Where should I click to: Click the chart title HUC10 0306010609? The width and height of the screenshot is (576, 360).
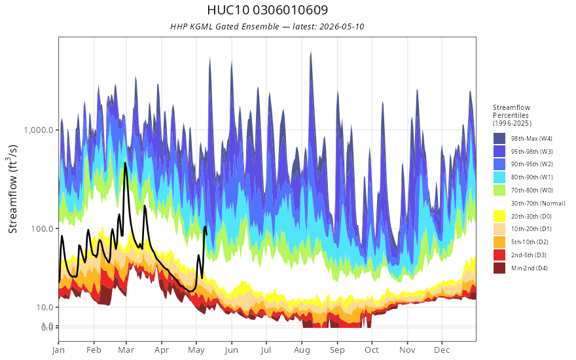[x=268, y=10]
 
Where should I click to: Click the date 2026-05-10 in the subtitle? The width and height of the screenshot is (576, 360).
[x=342, y=26]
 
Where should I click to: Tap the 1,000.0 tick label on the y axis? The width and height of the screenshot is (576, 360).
[x=39, y=130]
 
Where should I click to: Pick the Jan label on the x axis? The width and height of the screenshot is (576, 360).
[x=58, y=350]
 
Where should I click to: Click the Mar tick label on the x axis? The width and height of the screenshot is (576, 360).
[x=126, y=350]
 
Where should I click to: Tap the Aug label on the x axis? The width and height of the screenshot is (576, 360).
[x=302, y=350]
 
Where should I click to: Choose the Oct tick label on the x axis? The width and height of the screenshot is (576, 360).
[x=372, y=350]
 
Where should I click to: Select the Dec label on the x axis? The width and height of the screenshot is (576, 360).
[x=442, y=350]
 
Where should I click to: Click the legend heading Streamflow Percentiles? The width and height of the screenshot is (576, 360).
[x=512, y=115]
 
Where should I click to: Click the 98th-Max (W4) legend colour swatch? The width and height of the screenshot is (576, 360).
[x=499, y=139]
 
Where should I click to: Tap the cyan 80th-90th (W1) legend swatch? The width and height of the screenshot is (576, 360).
[x=499, y=177]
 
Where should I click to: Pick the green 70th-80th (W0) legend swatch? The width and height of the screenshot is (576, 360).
[x=499, y=190]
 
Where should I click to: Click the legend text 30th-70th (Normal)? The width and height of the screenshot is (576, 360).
[x=538, y=203]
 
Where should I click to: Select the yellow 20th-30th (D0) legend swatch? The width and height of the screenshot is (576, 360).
[x=499, y=217]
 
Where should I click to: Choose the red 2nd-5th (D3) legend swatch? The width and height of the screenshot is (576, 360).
[x=499, y=255]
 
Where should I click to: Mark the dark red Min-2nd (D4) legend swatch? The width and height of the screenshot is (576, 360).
[x=499, y=268]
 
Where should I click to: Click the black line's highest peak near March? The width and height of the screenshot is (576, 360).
[x=125, y=163]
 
